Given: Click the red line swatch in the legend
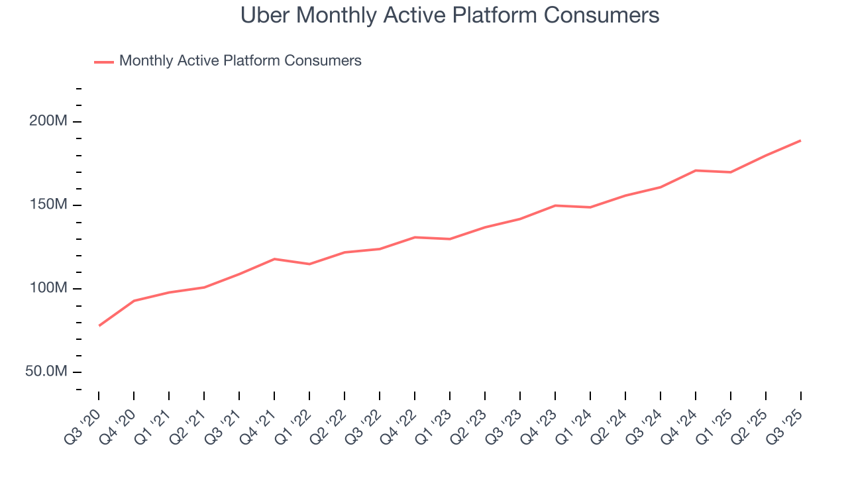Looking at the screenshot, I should (104, 62).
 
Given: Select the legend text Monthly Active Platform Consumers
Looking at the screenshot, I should (240, 61).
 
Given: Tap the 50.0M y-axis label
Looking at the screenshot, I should (46, 372).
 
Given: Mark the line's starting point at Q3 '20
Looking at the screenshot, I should (99, 325).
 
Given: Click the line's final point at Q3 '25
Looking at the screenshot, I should (800, 140).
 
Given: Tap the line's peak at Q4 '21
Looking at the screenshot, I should (274, 259).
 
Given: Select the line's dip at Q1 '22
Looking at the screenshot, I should (309, 264).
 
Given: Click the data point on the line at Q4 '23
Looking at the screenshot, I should (555, 205).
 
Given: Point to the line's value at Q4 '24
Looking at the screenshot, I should (696, 170).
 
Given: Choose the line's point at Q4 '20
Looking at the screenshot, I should (134, 301).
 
